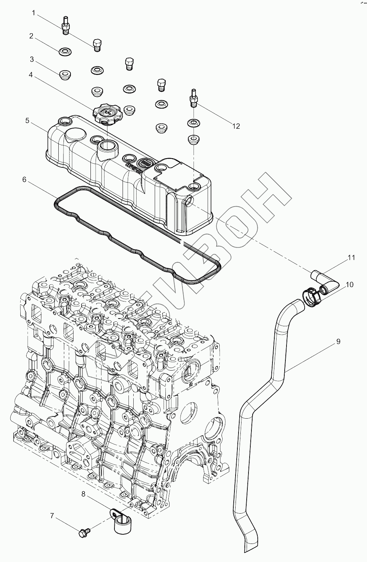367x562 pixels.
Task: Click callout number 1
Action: point(34,13)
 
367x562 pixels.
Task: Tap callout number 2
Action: point(31,36)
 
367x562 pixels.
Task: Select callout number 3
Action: point(32,59)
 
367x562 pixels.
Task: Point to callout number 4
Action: point(31,75)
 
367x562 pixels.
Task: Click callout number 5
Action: point(27,120)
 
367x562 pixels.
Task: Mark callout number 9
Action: point(338,341)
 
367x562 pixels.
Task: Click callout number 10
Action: point(349,285)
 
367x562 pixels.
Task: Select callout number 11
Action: point(351,258)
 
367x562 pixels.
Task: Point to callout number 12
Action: point(236,126)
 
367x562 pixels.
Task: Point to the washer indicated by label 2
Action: point(65,51)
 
